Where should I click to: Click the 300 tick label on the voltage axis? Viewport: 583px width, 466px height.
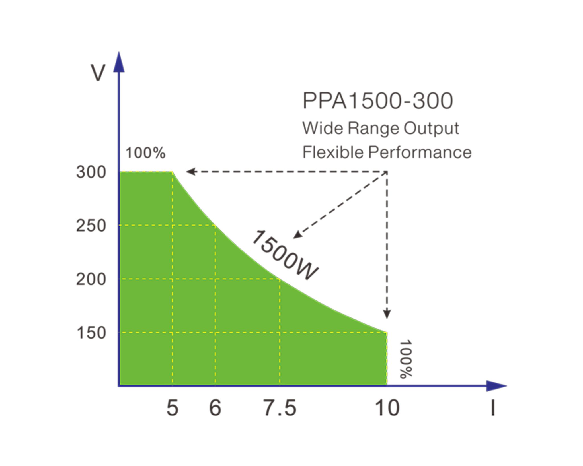pos(91,172)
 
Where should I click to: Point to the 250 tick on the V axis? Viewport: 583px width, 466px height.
pos(91,226)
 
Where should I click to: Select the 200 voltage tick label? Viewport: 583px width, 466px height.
pos(91,280)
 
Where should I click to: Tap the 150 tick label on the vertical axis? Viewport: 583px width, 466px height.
pos(91,333)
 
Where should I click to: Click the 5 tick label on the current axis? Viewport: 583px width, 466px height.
pos(172,408)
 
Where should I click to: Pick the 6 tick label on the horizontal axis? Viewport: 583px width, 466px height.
pos(215,408)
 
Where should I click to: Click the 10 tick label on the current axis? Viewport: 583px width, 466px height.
pos(387,408)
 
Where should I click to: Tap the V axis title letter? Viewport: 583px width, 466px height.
pos(98,73)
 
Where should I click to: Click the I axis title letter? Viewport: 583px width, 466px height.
pos(493,408)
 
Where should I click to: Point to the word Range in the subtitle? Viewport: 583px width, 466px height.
pos(369,129)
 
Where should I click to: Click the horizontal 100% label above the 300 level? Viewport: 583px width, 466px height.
pos(145,153)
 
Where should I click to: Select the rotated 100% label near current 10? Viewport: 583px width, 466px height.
pos(406,359)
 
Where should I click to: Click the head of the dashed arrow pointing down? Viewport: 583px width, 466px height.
pos(387,315)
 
